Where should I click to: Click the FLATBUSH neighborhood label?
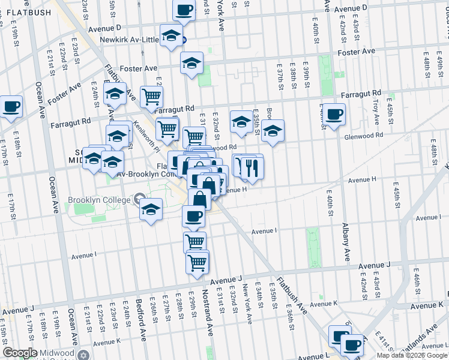tap(26, 12)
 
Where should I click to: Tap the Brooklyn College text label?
tap(98, 200)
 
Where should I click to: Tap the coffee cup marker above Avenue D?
tap(184, 10)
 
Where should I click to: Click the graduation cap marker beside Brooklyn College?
tap(151, 209)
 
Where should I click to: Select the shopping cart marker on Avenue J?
tap(197, 262)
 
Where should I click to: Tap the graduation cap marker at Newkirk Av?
tap(172, 35)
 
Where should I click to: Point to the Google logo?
tap(20, 353)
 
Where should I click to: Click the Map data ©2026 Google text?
tap(411, 355)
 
